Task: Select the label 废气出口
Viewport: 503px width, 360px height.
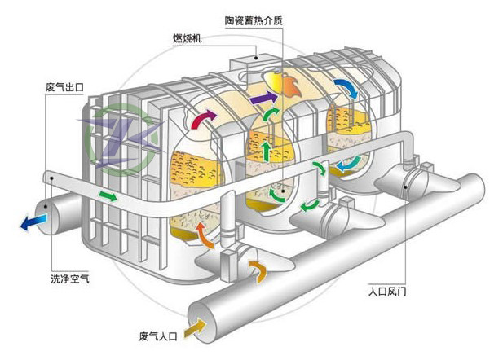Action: pyautogui.click(x=66, y=84)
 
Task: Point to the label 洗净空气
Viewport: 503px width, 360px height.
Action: pyautogui.click(x=69, y=280)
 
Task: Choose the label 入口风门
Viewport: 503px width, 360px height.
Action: pyautogui.click(x=390, y=288)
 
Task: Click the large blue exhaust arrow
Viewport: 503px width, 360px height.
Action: pyautogui.click(x=33, y=220)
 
